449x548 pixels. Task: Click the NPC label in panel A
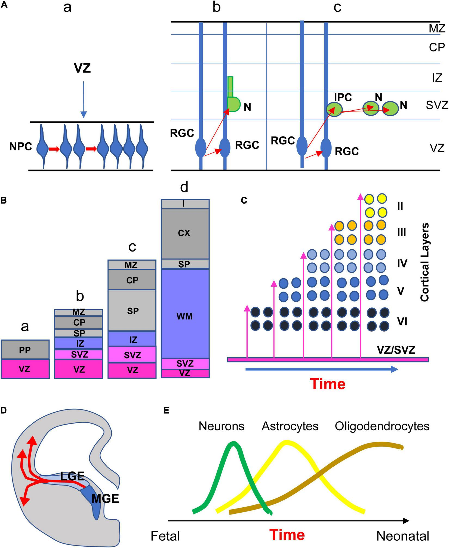click(x=21, y=147)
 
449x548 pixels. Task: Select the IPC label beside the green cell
click(x=343, y=97)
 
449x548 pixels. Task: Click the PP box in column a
click(x=25, y=350)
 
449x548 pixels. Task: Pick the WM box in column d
click(x=185, y=316)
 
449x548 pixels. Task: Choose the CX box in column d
click(x=185, y=233)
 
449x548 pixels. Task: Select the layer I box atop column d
click(x=185, y=204)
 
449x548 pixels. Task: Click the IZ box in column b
click(x=79, y=343)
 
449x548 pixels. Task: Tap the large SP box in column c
click(x=132, y=311)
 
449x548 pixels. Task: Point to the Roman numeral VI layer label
click(x=402, y=322)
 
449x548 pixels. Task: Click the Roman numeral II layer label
click(x=400, y=206)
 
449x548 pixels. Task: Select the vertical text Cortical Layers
click(x=425, y=262)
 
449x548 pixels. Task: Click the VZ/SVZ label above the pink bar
click(x=396, y=350)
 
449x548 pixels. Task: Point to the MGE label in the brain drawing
click(x=105, y=499)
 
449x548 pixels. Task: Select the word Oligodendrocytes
click(x=382, y=426)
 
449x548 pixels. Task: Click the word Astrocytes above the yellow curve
click(x=290, y=426)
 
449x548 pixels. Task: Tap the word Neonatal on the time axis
click(x=403, y=536)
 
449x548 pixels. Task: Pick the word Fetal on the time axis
click(x=165, y=536)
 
